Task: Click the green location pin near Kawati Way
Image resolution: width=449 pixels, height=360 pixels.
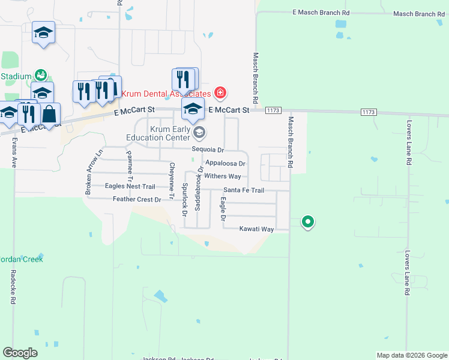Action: tap(308, 222)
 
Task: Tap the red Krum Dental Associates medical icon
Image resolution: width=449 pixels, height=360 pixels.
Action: tap(220, 93)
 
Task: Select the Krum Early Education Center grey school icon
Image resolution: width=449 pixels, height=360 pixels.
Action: tap(199, 133)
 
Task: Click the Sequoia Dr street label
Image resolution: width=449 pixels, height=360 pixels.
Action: tap(208, 150)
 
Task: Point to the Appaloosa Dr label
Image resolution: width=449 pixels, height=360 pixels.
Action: tap(226, 163)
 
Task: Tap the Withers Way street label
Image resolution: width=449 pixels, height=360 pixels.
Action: tap(223, 176)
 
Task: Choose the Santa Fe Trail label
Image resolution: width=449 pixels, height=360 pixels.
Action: tap(244, 190)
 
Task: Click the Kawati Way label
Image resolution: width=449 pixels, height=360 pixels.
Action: tap(256, 229)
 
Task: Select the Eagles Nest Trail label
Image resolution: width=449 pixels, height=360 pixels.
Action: tap(130, 187)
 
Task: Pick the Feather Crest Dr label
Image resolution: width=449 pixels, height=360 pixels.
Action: tap(137, 199)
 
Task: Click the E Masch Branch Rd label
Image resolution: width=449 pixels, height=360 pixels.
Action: tap(321, 12)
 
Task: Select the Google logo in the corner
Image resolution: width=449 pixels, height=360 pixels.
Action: tap(20, 353)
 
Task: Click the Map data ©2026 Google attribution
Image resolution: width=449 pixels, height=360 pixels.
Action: tap(412, 355)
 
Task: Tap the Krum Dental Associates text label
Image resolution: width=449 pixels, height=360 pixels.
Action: tap(167, 94)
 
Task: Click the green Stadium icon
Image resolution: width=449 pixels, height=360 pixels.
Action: tap(41, 75)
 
